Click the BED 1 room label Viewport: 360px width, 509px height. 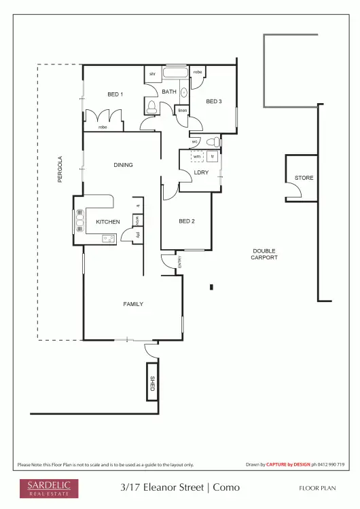point(115,94)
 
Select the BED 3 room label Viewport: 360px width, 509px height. point(214,101)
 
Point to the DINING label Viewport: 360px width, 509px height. point(123,165)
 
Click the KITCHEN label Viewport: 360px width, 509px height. point(107,222)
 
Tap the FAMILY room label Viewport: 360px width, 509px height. point(132,304)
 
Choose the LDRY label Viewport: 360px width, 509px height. point(201,172)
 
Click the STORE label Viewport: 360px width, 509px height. point(304,178)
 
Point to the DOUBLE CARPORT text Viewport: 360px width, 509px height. point(264,254)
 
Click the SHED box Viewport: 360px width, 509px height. point(153,383)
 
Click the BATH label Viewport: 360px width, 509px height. point(169,92)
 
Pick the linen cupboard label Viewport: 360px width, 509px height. point(182,110)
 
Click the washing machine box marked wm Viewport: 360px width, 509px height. point(197,156)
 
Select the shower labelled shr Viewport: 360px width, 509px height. point(153,73)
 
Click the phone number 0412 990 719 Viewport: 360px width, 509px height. point(331,465)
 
